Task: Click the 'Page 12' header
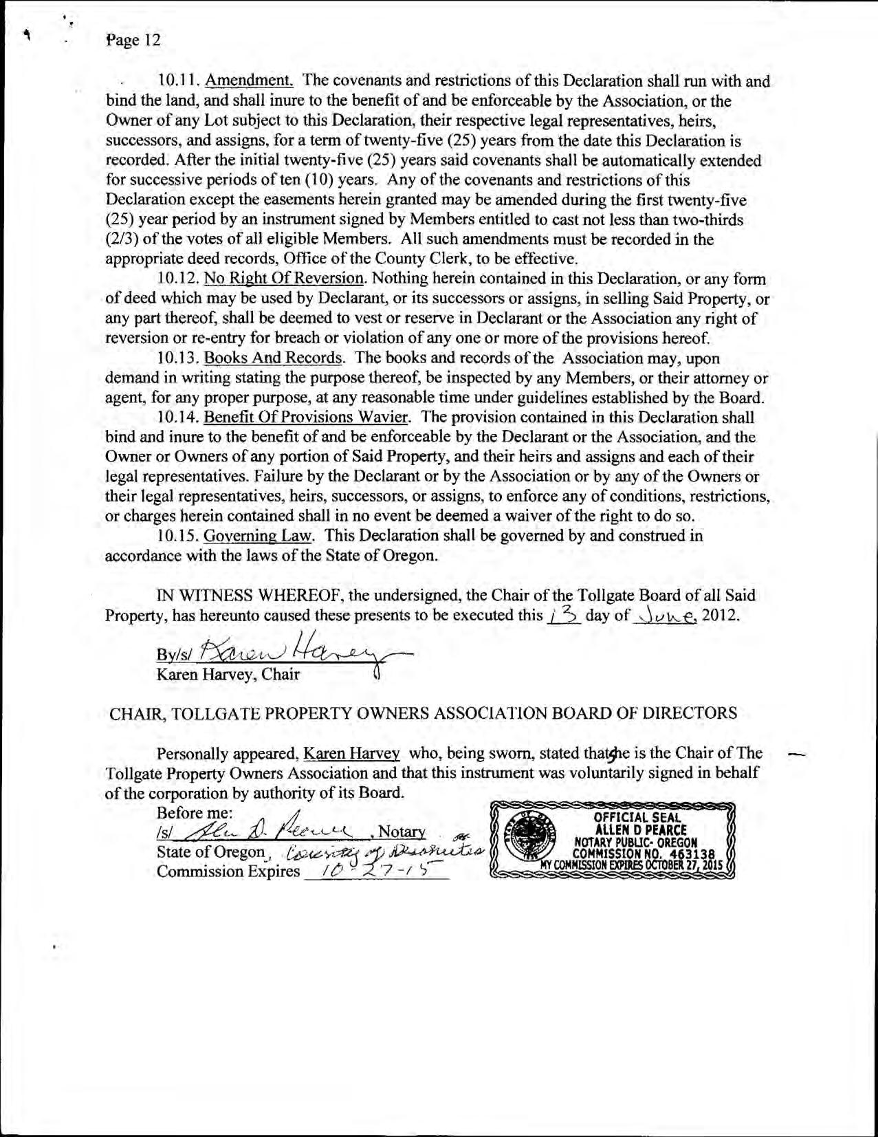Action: click(133, 40)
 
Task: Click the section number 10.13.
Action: click(179, 358)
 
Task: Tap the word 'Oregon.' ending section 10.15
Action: click(411, 556)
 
